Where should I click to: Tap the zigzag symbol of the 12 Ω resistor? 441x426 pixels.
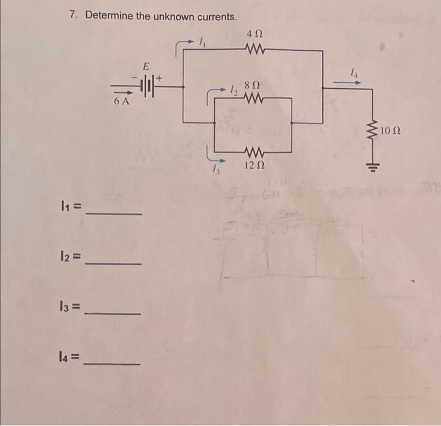(253, 152)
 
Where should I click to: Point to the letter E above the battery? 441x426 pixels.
(146, 66)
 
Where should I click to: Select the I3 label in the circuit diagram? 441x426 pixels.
(215, 167)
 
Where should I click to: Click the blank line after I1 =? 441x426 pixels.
(113, 214)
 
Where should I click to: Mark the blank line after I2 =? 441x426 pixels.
(113, 263)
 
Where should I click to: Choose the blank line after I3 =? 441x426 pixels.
(113, 313)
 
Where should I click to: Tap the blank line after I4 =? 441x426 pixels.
(113, 364)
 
